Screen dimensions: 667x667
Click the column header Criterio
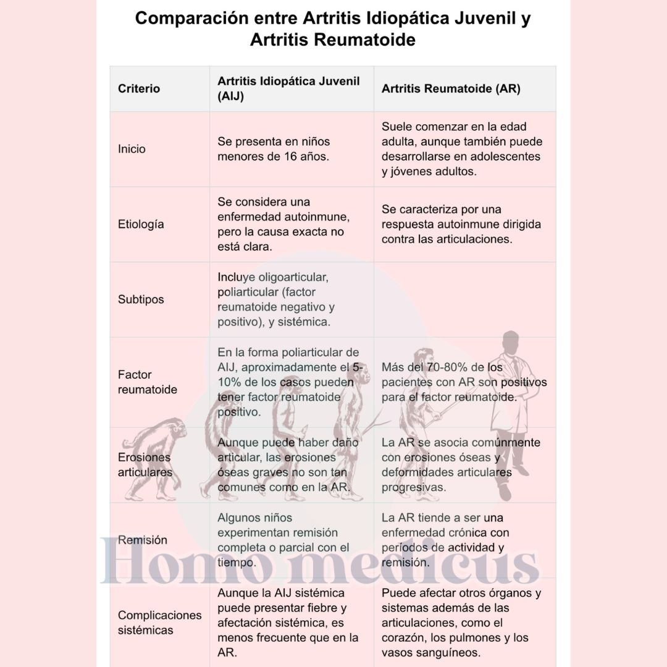coord(139,89)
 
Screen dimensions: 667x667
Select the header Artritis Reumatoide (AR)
coord(451,89)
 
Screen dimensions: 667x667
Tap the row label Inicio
coord(132,149)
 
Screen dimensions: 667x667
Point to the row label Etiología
coord(141,224)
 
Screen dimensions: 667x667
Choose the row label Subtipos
coord(141,300)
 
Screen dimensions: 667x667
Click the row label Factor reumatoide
coord(147,382)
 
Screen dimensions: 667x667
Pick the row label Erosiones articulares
coord(145,465)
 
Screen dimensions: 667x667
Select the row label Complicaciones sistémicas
coord(159,623)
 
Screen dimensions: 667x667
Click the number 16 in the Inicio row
coord(292,156)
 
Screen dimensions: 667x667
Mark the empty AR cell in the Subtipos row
coord(464,300)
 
